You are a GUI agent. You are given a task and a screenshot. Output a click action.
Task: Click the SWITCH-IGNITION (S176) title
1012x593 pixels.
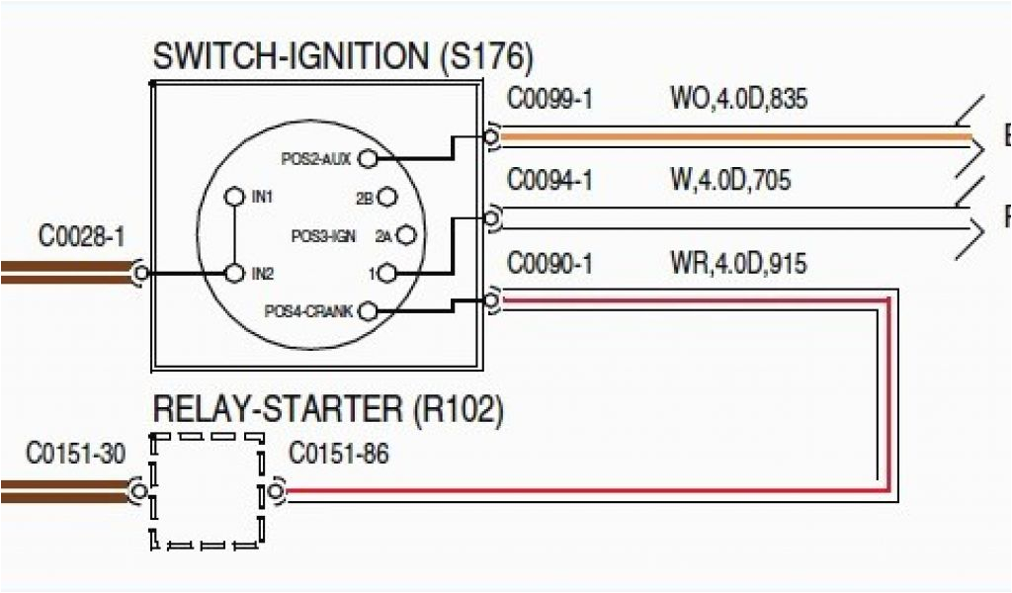342,56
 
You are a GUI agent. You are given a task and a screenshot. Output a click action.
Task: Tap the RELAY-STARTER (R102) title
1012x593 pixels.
327,408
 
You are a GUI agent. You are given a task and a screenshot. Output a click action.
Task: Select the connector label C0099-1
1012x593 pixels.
549,99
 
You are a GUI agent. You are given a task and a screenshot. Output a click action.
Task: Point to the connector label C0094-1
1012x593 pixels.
549,181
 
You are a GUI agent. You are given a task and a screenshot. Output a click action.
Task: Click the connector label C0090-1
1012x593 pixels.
549,263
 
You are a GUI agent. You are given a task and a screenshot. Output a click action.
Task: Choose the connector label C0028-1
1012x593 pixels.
82,236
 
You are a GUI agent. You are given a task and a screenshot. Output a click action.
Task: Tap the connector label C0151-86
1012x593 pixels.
338,454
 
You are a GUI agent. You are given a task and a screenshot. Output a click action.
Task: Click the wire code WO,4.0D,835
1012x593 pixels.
740,99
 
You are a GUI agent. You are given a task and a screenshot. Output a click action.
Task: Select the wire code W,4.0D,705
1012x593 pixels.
730,181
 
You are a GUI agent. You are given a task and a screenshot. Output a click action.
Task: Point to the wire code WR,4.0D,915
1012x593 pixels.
737,263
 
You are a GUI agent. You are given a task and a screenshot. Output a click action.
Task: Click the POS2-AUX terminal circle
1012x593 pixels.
368,157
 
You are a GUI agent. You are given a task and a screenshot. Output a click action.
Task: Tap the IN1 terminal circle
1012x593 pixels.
234,197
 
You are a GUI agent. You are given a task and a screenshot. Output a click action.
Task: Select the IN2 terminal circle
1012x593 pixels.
234,272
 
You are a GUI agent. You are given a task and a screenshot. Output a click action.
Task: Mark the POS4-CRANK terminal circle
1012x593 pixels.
368,311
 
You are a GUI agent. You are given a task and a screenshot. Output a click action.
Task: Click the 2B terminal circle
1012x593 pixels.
387,198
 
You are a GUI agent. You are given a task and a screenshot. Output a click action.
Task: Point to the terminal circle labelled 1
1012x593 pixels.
387,273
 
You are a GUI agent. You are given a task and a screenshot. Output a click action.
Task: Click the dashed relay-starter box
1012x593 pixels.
208,491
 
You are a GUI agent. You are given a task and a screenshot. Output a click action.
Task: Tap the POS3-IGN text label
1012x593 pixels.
322,236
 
